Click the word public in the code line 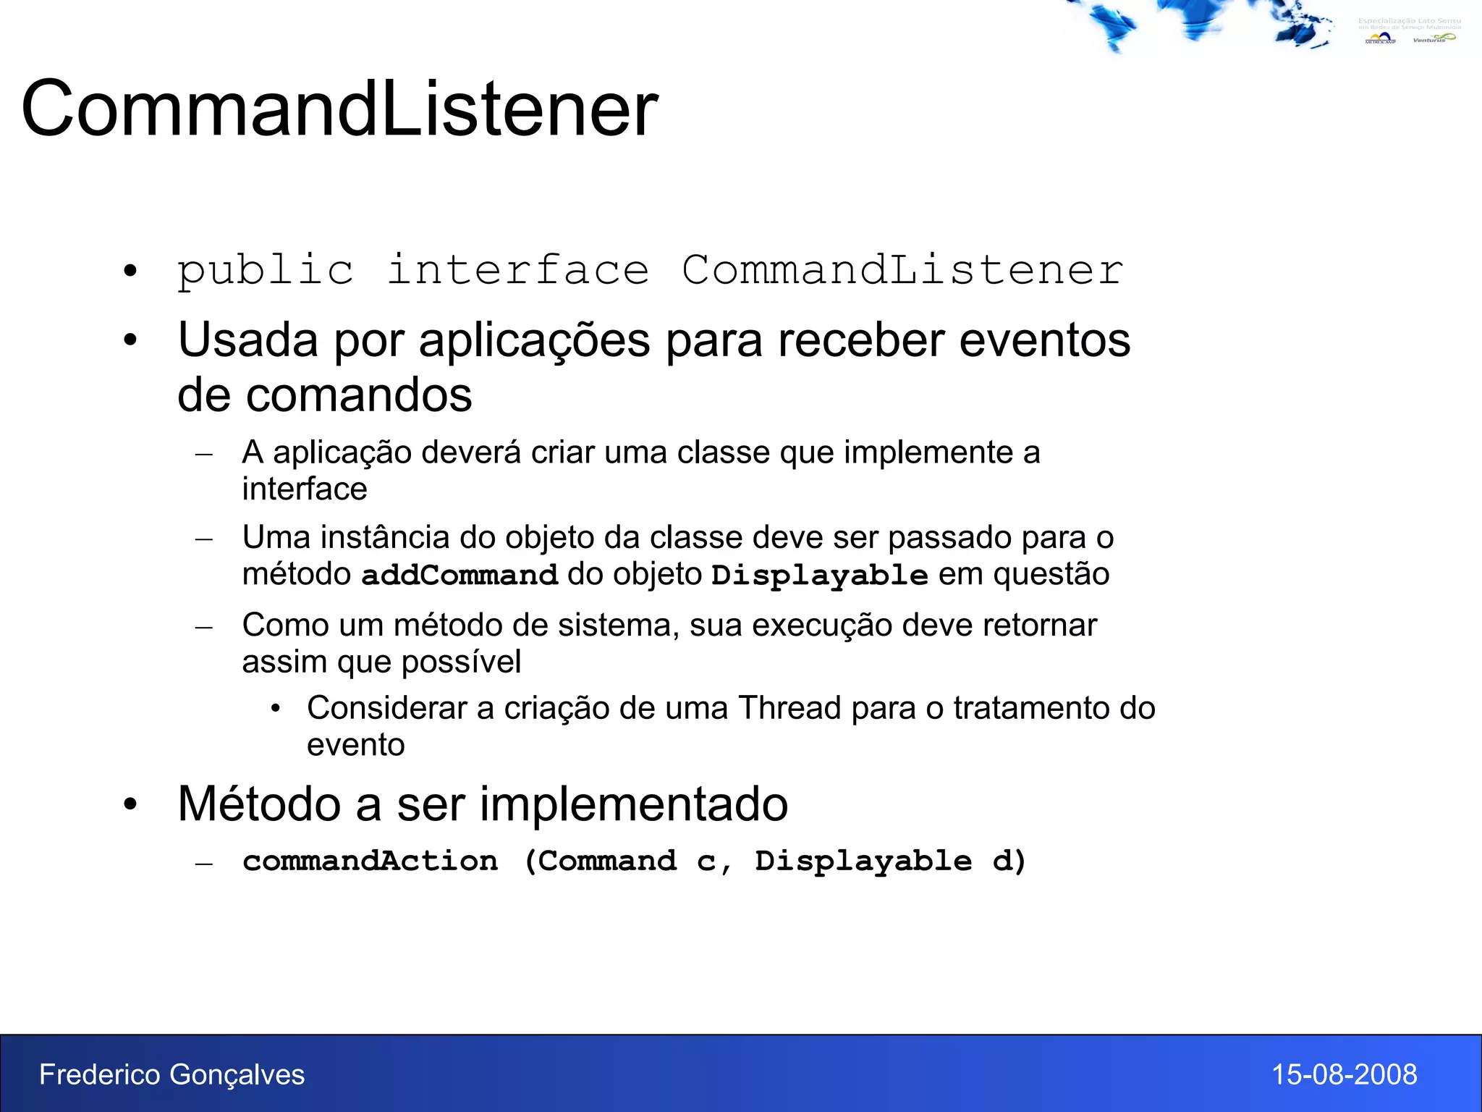[x=266, y=271]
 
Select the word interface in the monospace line [x=517, y=271]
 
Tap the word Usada [x=247, y=340]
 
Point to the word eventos [x=1044, y=340]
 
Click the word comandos [x=359, y=395]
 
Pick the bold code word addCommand [x=460, y=575]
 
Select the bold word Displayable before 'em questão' [x=819, y=576]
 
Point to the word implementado [x=633, y=804]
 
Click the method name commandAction [x=370, y=861]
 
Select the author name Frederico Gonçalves [x=172, y=1074]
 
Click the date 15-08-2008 [x=1344, y=1074]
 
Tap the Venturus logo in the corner [x=1433, y=38]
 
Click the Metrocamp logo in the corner [x=1379, y=38]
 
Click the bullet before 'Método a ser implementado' [x=130, y=804]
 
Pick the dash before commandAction [x=204, y=863]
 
